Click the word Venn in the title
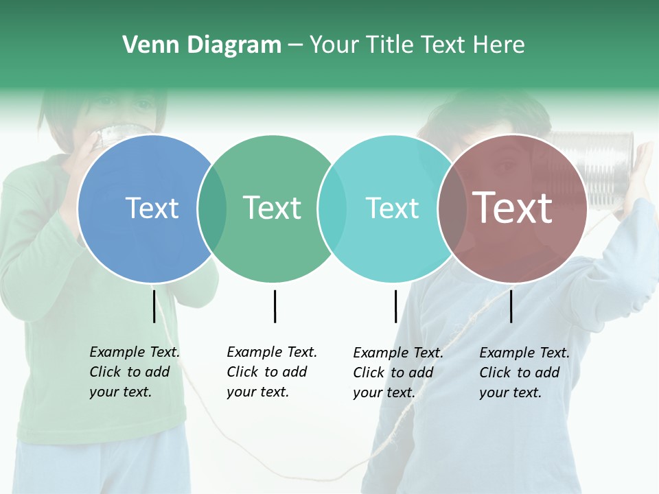(x=146, y=45)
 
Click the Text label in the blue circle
(x=152, y=208)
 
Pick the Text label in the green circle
(x=272, y=208)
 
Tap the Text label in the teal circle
(x=392, y=208)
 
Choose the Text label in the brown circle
(x=512, y=208)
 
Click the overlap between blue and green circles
(x=212, y=209)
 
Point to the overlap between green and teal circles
(x=332, y=209)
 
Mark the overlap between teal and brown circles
(x=452, y=209)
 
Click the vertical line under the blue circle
(x=154, y=306)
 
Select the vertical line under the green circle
(x=275, y=306)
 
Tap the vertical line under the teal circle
(x=395, y=306)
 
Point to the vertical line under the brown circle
(x=511, y=306)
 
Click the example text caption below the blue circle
(x=134, y=372)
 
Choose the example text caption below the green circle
(x=271, y=372)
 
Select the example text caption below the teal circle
(x=397, y=373)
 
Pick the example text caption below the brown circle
(x=524, y=373)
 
